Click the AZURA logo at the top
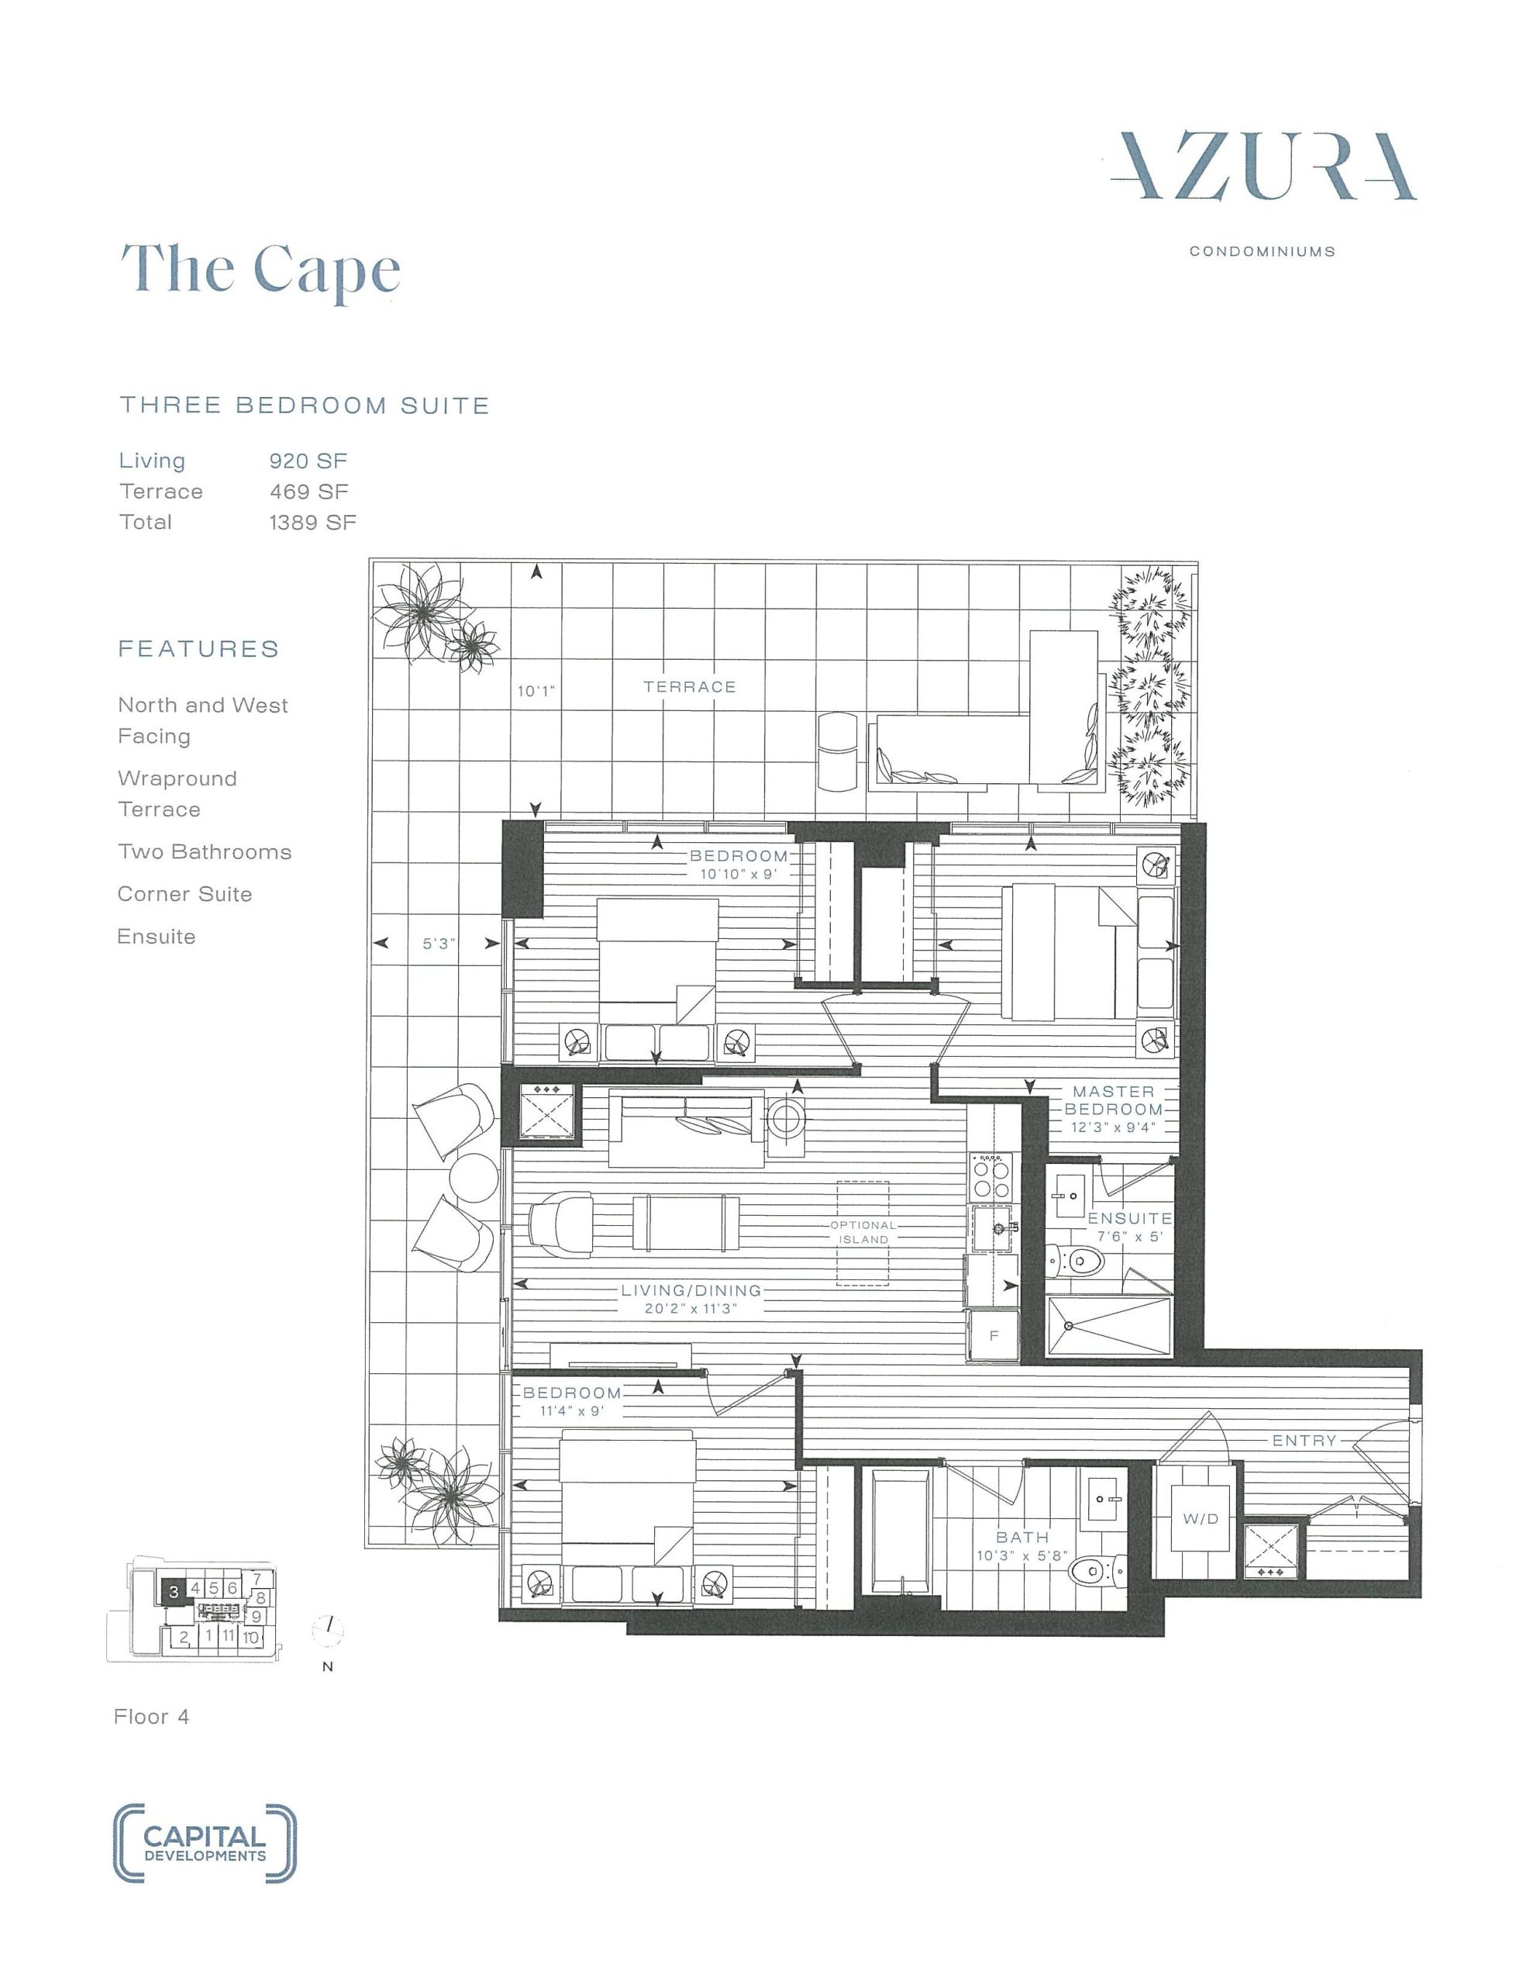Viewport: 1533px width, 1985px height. [x=1263, y=167]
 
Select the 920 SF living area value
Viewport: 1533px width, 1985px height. [x=308, y=461]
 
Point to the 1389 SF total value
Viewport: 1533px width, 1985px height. [x=312, y=522]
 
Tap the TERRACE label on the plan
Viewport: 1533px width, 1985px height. [x=690, y=687]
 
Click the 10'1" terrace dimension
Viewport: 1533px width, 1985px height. [x=536, y=692]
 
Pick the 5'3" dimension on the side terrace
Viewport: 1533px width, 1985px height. [x=439, y=944]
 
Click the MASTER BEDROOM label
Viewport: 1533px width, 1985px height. [x=1113, y=1100]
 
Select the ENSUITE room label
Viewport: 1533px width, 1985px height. [x=1129, y=1218]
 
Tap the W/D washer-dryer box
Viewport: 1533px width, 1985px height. [x=1201, y=1518]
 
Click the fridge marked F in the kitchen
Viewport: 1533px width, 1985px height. [x=994, y=1336]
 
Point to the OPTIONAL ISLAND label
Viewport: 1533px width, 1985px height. [x=863, y=1232]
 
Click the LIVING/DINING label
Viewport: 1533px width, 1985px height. [x=691, y=1289]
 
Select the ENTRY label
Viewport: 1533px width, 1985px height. [x=1304, y=1441]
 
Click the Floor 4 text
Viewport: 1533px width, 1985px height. [x=151, y=1717]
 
